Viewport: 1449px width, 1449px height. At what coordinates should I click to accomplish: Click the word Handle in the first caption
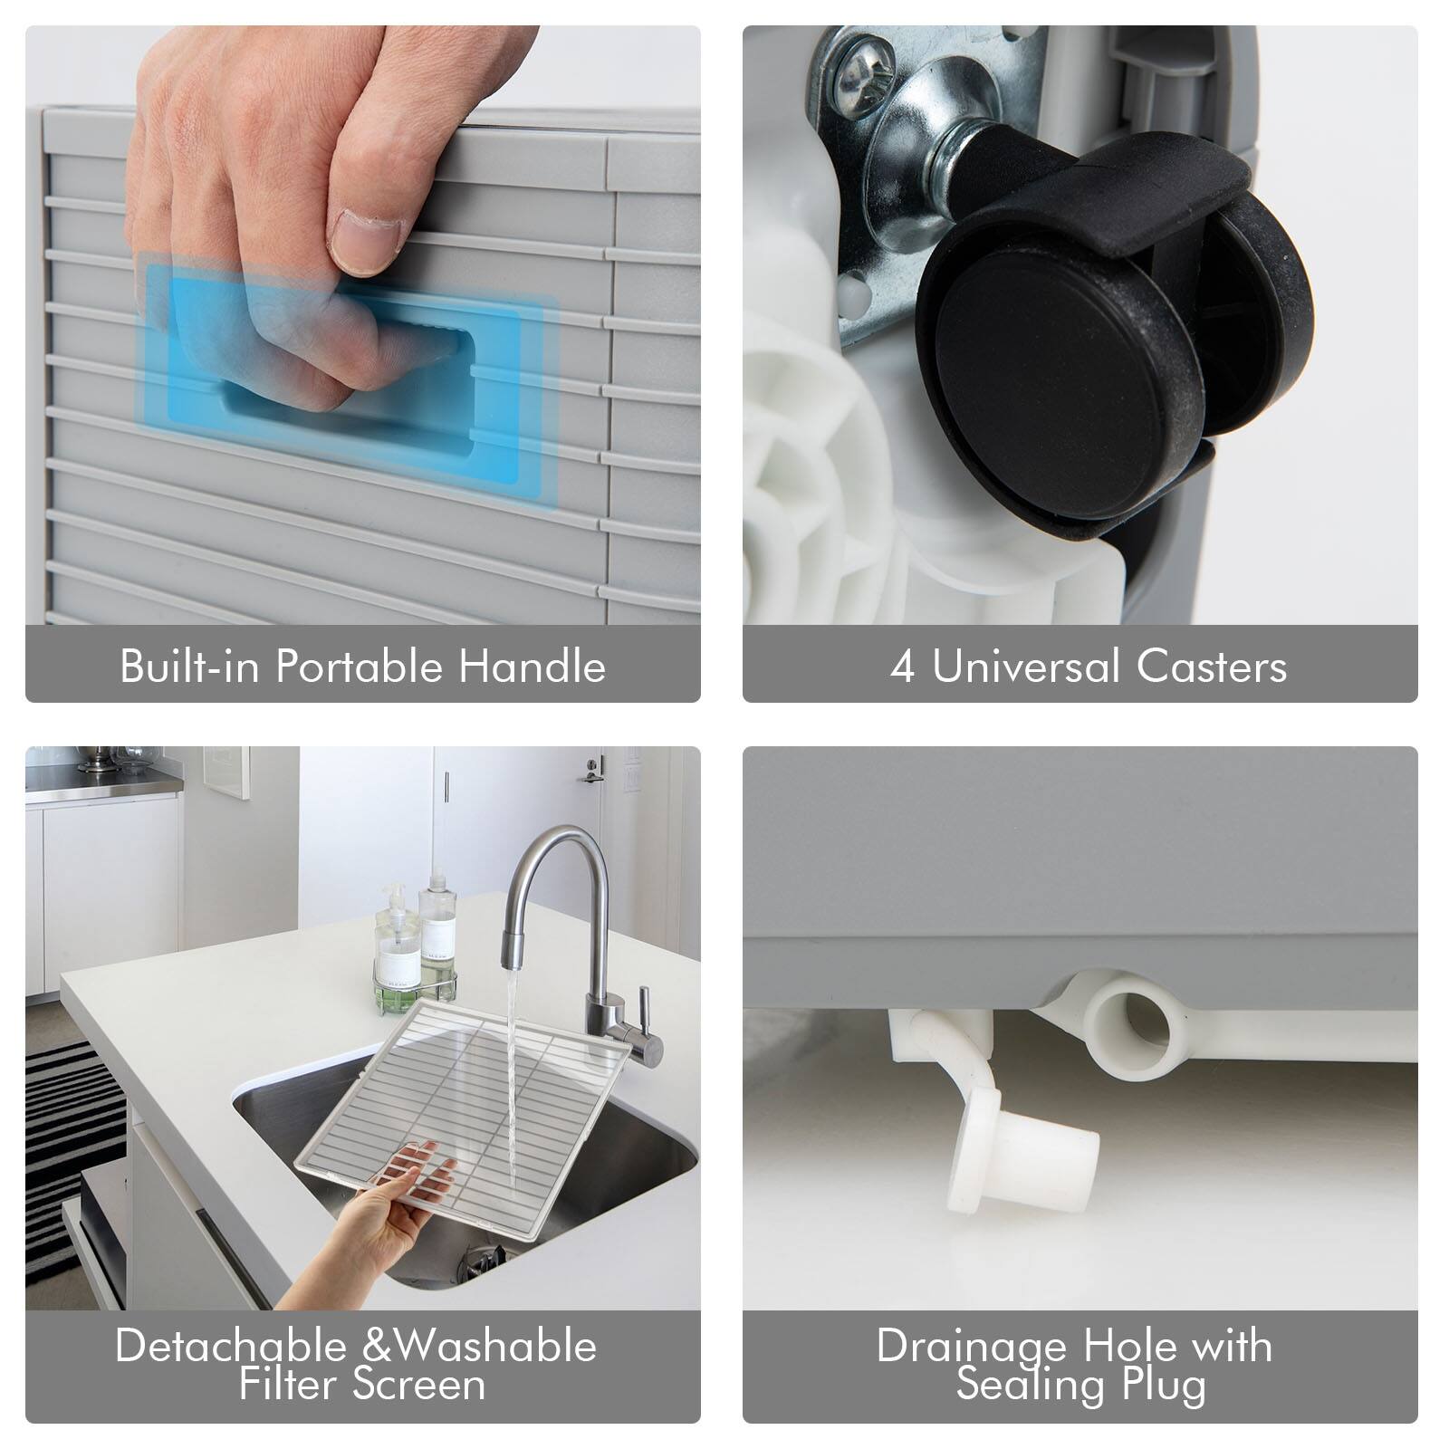pos(532,667)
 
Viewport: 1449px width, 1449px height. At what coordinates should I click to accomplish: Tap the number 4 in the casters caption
pos(902,667)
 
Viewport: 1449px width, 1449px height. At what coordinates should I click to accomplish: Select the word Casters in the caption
pos(1212,667)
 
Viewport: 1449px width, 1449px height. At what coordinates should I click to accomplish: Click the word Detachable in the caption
pos(232,1346)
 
